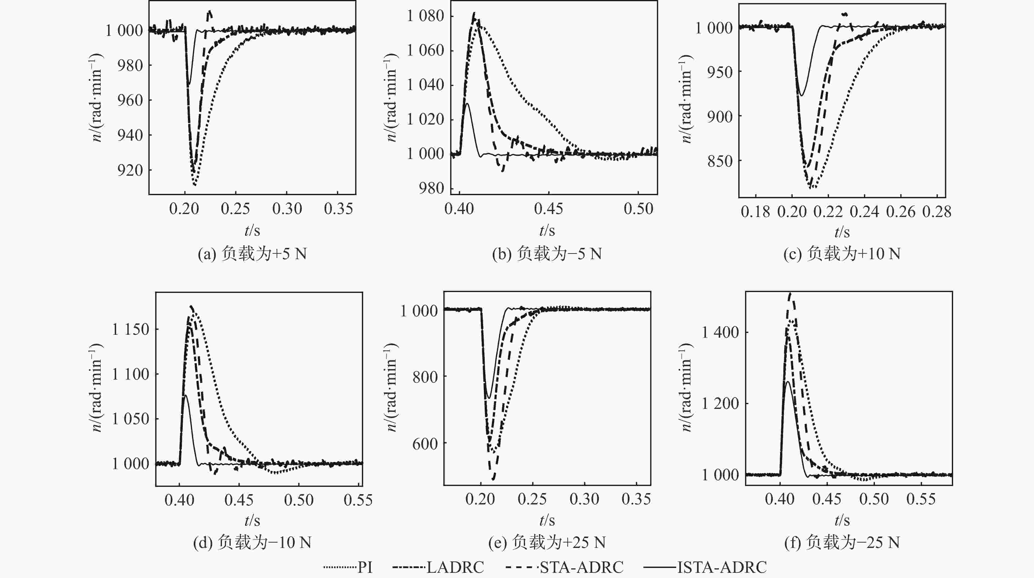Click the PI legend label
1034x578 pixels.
[x=365, y=567]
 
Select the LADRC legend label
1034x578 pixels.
[x=455, y=567]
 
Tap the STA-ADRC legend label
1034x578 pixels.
[x=582, y=567]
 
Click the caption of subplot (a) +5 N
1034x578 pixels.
[x=252, y=254]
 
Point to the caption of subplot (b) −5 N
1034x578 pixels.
[x=547, y=254]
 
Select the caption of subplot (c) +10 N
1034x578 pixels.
[x=842, y=254]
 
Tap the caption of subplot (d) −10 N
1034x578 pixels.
[x=252, y=543]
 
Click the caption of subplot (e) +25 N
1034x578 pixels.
[x=547, y=543]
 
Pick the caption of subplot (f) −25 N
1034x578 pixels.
[x=842, y=543]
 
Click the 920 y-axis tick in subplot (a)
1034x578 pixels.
[x=130, y=170]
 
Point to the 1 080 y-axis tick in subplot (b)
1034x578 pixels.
[x=425, y=16]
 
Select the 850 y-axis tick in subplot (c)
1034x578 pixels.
[x=720, y=161]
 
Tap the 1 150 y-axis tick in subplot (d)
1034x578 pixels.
[x=130, y=330]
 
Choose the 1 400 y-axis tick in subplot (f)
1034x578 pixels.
[x=720, y=332]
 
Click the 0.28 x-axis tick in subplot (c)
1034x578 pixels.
[x=936, y=212]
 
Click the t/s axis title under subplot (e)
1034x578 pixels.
[x=547, y=521]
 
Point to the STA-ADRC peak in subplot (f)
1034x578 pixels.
[x=790, y=294]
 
